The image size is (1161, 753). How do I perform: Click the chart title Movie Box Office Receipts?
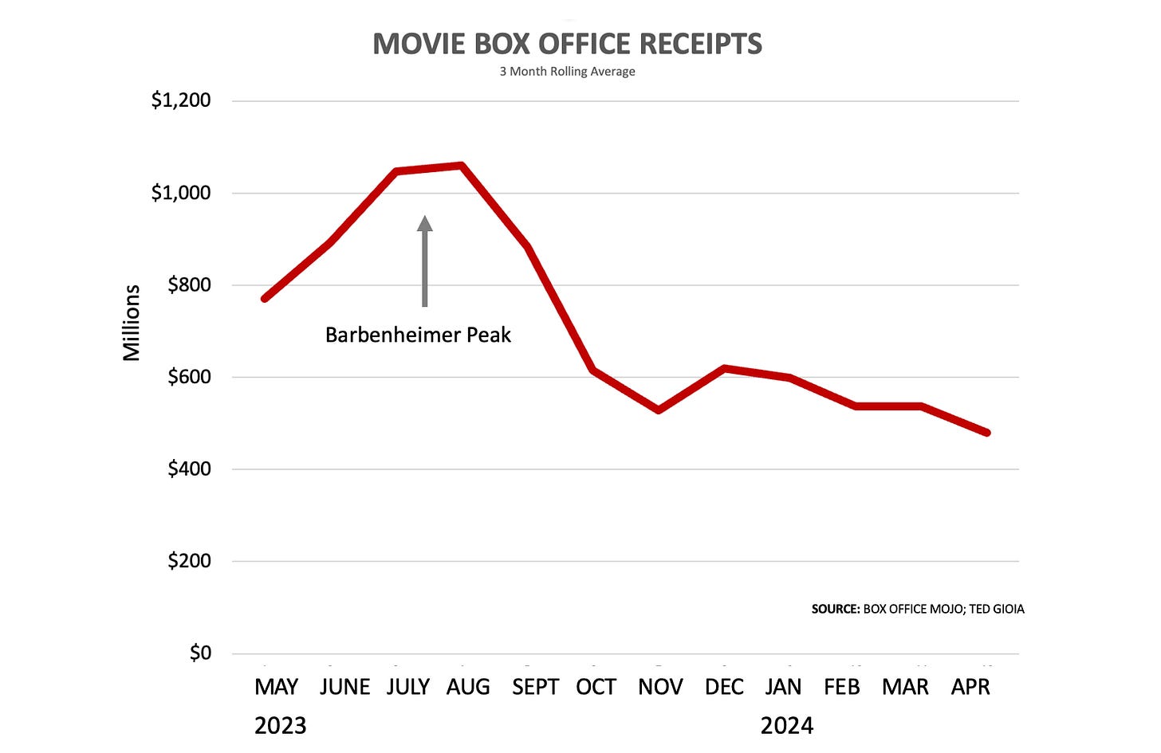(568, 44)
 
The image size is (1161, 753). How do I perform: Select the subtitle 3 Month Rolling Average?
(568, 72)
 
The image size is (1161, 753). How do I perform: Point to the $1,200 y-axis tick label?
(181, 100)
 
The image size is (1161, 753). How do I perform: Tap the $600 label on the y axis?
(189, 376)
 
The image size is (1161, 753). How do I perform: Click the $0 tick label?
(201, 653)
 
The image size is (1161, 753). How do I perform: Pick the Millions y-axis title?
(131, 323)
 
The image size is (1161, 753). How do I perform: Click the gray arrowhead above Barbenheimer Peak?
(424, 223)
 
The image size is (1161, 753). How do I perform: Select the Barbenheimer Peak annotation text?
(418, 335)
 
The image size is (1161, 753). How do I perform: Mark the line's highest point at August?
(461, 166)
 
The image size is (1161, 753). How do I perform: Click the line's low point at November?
(659, 410)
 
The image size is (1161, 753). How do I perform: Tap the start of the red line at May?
(265, 298)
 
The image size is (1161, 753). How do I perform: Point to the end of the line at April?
(987, 433)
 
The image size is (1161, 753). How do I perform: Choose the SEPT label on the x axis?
(535, 687)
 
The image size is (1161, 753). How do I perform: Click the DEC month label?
(724, 687)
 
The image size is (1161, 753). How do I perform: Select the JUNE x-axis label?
(344, 687)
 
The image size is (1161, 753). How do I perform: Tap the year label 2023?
(281, 726)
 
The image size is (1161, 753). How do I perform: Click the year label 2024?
(787, 726)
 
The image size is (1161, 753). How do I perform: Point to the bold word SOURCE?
(836, 609)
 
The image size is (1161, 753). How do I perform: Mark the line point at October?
(593, 370)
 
